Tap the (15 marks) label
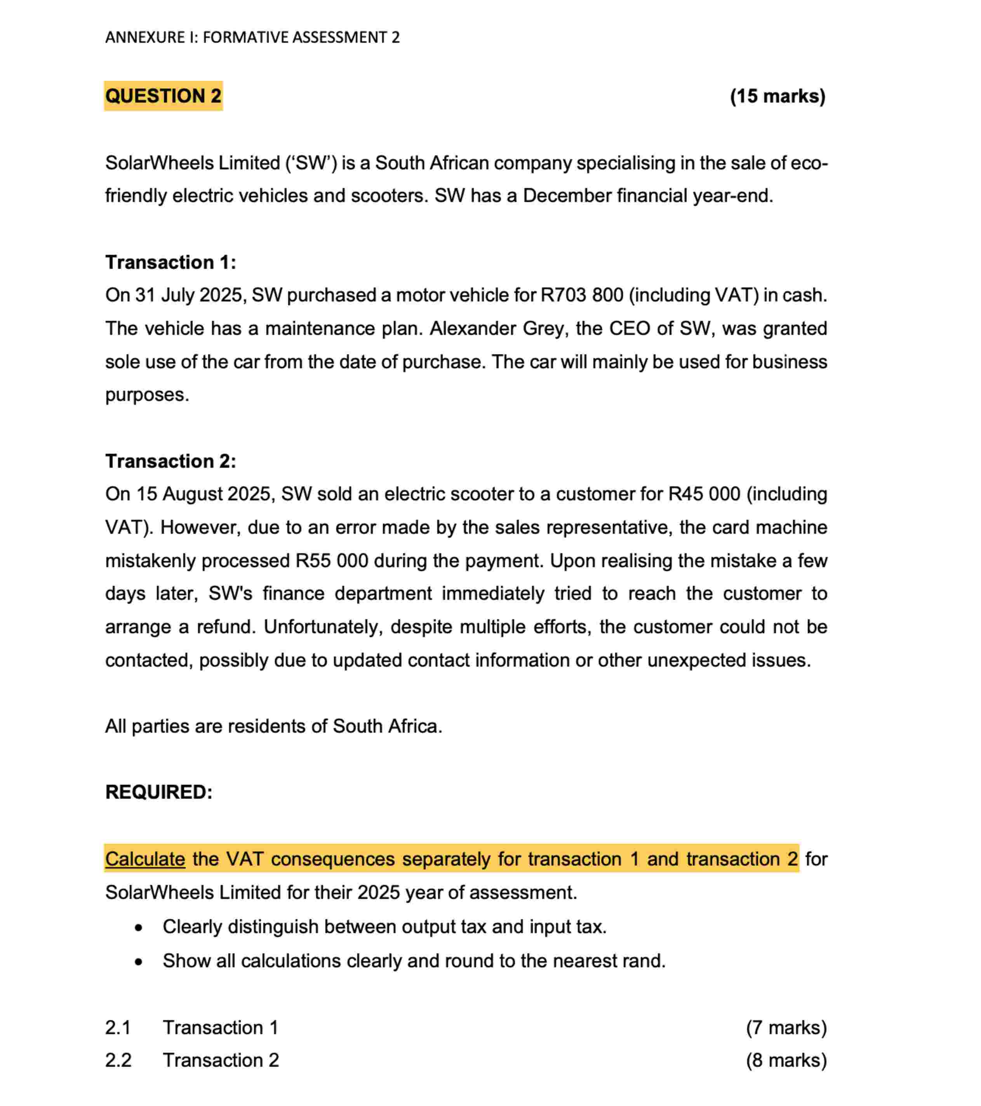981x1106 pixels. (x=777, y=96)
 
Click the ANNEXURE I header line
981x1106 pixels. (x=252, y=37)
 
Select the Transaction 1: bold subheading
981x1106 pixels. (x=170, y=263)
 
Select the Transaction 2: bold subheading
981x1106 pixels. (x=170, y=461)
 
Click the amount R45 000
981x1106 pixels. (x=704, y=494)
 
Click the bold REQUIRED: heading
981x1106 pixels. (x=158, y=792)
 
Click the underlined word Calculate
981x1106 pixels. (x=145, y=859)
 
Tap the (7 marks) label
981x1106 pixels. (x=786, y=1028)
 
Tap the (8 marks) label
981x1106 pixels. (x=786, y=1061)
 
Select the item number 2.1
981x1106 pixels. (x=118, y=1028)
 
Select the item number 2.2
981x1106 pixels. (x=118, y=1061)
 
